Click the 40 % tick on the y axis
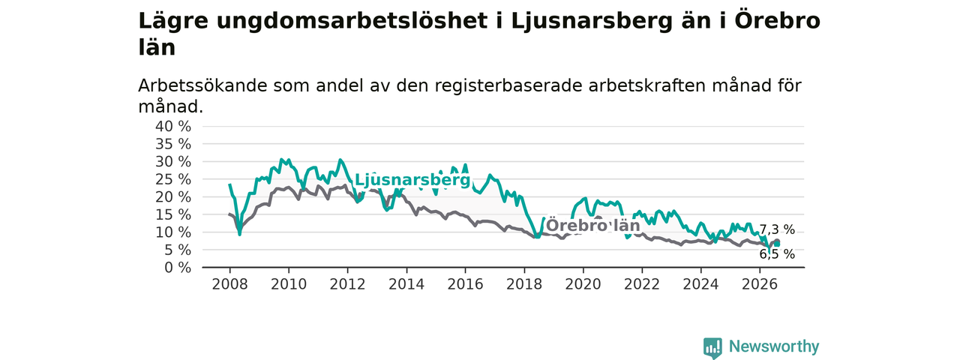click(x=173, y=127)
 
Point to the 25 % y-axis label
click(x=173, y=179)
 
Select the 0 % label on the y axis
click(x=178, y=268)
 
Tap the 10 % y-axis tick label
click(x=173, y=232)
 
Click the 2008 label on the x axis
click(x=229, y=284)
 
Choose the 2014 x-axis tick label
click(x=406, y=284)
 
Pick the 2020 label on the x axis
click(x=583, y=284)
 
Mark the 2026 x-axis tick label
click(x=760, y=284)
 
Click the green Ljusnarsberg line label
click(x=412, y=181)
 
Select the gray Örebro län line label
click(x=593, y=226)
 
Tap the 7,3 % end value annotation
click(x=777, y=229)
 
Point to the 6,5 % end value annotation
click(x=777, y=254)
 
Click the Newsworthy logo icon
click(x=712, y=347)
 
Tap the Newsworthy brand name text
click(x=774, y=346)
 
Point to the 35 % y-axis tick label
click(x=173, y=144)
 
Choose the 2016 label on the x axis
click(x=465, y=284)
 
